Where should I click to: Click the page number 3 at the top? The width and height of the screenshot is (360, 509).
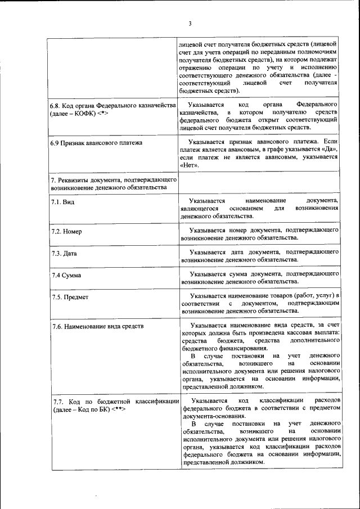click(190, 24)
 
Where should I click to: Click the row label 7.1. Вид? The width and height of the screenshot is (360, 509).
click(62, 201)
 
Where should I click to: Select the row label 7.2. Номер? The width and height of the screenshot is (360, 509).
click(66, 231)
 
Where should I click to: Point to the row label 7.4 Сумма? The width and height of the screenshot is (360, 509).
click(66, 276)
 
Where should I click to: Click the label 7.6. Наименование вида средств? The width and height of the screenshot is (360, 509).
click(98, 326)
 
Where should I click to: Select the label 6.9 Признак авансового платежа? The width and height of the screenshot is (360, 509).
click(96, 143)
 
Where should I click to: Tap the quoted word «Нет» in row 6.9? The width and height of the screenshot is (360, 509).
click(190, 166)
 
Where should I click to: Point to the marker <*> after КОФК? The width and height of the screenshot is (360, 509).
click(102, 114)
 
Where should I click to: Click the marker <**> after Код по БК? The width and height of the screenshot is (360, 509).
click(118, 409)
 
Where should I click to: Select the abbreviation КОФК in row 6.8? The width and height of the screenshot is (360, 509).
click(83, 114)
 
